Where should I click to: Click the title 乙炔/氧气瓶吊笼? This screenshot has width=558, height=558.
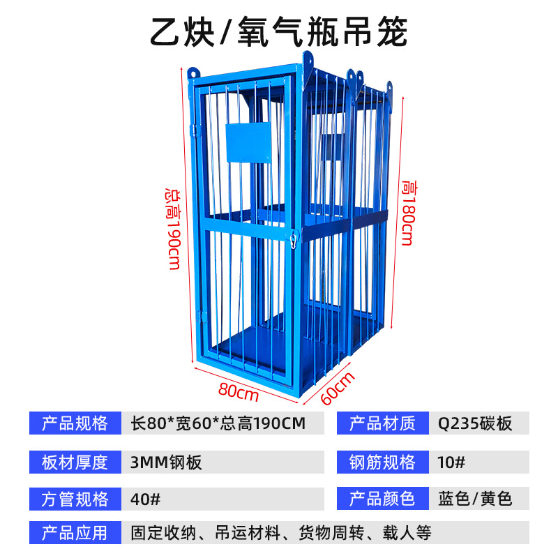[x=279, y=31]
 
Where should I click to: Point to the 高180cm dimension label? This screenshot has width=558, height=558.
[x=407, y=213]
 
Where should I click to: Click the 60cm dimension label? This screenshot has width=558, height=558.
[x=339, y=388]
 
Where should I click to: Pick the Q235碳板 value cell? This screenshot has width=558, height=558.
[x=475, y=423]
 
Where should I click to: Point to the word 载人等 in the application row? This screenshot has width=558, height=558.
[x=408, y=534]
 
